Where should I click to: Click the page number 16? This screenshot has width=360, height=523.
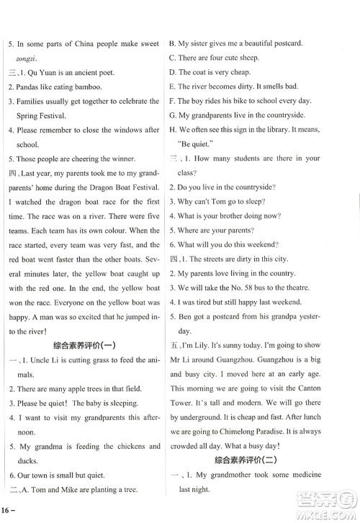(7, 509)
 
